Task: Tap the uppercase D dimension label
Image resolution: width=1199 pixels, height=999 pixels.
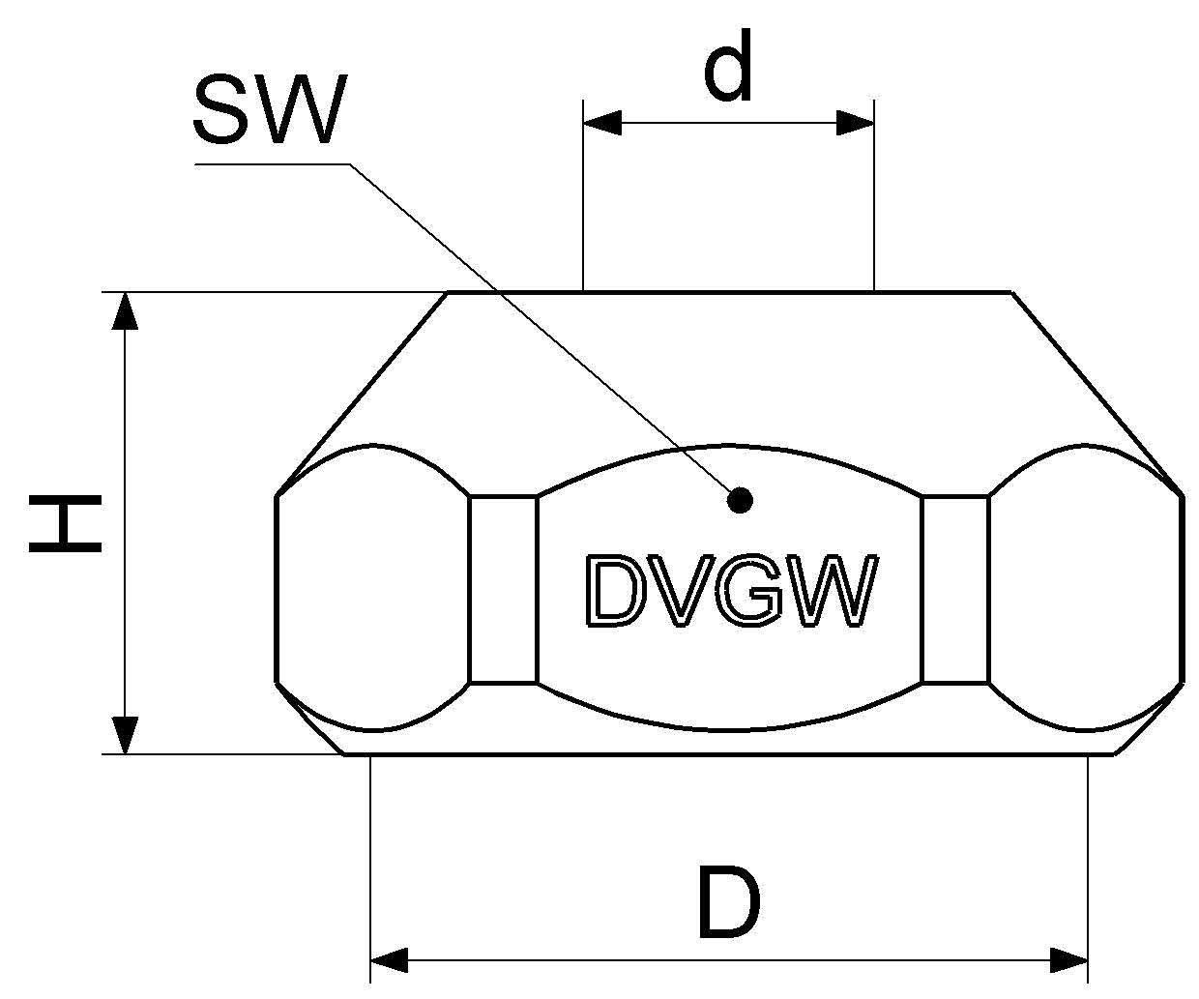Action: (729, 904)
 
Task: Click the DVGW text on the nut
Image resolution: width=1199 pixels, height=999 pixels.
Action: (731, 591)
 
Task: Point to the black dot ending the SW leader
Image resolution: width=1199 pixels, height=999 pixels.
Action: (740, 499)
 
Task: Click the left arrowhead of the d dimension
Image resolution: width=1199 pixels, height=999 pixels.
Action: (601, 123)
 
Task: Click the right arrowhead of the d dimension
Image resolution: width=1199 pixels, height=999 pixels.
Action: (856, 123)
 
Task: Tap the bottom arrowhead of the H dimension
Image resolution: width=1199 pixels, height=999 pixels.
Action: (126, 734)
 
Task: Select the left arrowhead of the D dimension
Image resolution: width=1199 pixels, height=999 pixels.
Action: (390, 961)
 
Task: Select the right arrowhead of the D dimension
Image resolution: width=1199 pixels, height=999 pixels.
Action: (1069, 961)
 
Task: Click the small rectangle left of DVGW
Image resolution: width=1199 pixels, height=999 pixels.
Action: (503, 589)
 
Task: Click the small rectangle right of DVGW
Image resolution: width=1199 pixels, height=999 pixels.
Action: (956, 589)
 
